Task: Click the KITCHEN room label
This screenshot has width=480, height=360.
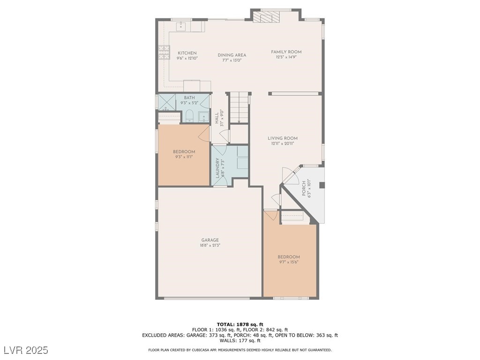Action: pos(187,53)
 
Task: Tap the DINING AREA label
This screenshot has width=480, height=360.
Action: pos(232,55)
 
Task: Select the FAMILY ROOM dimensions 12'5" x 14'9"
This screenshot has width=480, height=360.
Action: pos(286,57)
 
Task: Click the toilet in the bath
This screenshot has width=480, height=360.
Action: pos(189,116)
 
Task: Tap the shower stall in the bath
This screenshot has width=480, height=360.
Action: pos(165,101)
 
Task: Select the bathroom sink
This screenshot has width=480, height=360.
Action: pos(204,116)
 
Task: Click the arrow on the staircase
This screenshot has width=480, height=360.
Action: pos(239,121)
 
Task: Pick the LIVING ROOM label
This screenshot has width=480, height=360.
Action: pos(283,138)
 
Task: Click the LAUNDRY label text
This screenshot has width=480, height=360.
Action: pos(217,167)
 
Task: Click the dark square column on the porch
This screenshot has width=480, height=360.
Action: pos(322,185)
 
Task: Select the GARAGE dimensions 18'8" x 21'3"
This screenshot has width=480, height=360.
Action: pos(210,245)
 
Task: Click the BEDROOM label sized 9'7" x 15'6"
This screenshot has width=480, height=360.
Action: pos(288,257)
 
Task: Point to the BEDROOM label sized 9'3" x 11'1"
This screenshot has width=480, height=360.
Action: pos(184,152)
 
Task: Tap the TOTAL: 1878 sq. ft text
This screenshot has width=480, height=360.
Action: pos(240,324)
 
